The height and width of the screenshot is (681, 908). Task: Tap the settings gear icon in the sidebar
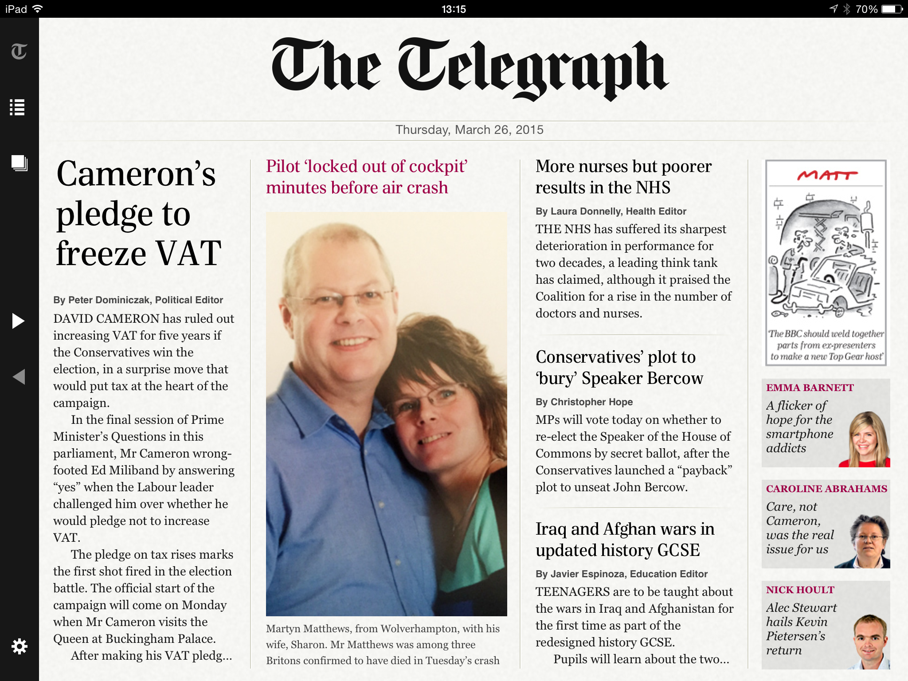pos(20,646)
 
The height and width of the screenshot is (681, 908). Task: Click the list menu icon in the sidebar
pos(17,107)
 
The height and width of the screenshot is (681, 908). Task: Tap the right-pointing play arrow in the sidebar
pos(18,321)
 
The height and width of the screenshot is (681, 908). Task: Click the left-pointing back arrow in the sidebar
pos(19,377)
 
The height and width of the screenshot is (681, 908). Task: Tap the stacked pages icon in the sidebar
pos(20,163)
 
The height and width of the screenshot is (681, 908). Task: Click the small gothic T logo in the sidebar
pos(19,51)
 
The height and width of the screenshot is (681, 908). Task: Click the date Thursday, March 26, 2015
pos(469,130)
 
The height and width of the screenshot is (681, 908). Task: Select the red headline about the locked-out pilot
pos(367,177)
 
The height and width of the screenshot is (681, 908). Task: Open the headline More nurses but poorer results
pos(623,177)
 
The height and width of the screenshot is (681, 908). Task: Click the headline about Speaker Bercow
pos(619,368)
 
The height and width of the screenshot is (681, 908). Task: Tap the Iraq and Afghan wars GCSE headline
pos(625,540)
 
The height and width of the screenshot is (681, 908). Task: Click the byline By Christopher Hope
pos(584,402)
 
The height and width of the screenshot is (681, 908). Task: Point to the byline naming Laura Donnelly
pos(611,211)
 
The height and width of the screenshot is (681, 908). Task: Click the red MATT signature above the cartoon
pos(827,176)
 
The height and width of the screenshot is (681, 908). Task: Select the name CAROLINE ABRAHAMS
pos(826,489)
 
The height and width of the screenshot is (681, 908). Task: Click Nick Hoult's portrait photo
pos(870,641)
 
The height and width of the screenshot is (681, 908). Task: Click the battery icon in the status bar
pos(892,9)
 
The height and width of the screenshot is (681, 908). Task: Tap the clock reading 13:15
pos(454,9)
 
